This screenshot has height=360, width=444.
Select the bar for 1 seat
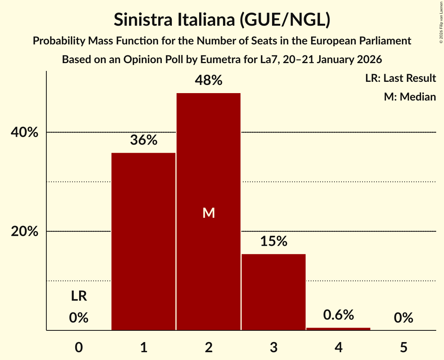[x=143, y=242]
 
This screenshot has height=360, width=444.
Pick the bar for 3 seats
[x=274, y=292]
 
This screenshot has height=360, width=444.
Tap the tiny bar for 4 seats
[x=338, y=329]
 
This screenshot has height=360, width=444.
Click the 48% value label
[x=209, y=80]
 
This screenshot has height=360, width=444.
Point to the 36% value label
[x=143, y=140]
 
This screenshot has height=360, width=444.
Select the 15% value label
[x=274, y=242]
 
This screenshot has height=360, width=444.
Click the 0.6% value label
[x=338, y=315]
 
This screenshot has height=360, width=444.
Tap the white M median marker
[x=209, y=213]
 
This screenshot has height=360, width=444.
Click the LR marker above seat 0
[x=79, y=296]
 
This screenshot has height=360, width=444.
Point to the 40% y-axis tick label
[x=24, y=133]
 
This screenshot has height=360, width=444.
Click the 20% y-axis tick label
[x=24, y=232]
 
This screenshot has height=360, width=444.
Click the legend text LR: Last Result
[x=400, y=78]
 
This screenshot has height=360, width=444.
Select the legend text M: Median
[x=410, y=97]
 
